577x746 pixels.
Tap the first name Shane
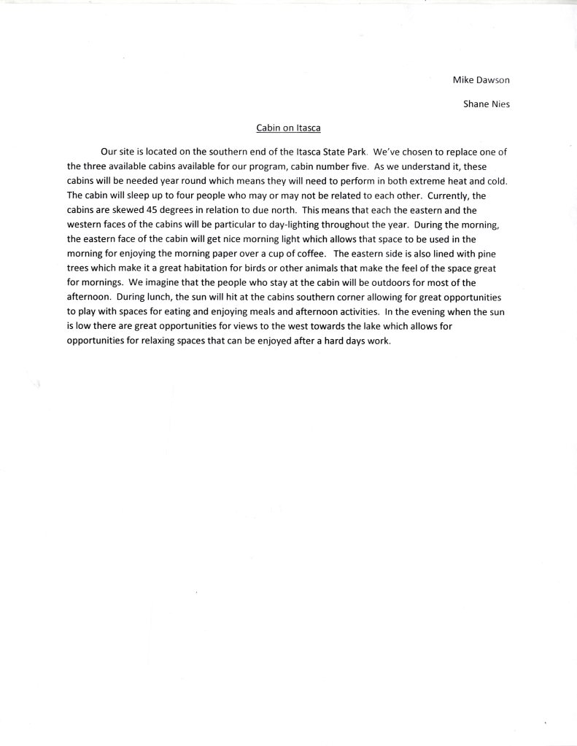tap(477, 104)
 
